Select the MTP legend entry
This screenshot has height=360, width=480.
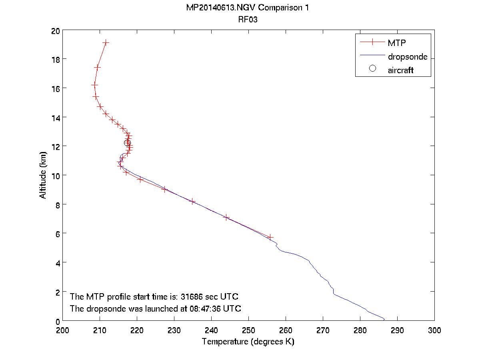[396, 43]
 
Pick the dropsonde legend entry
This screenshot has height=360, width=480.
[407, 57]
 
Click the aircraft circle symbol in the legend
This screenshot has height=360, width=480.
[372, 68]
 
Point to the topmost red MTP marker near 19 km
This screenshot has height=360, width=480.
[106, 42]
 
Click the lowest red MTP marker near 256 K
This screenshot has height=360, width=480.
[270, 237]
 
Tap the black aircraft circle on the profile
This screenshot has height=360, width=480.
[127, 143]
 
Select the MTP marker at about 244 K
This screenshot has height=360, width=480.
[226, 217]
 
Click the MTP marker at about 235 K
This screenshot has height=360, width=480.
[193, 201]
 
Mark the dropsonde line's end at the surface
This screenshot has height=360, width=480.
[384, 320]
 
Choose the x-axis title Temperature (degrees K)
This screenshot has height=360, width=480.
[248, 342]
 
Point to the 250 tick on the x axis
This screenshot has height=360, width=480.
[248, 330]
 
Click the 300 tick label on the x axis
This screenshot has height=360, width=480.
[434, 330]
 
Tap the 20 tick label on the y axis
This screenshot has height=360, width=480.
[56, 31]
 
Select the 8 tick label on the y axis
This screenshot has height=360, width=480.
[57, 204]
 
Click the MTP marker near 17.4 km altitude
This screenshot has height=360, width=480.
[97, 67]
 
